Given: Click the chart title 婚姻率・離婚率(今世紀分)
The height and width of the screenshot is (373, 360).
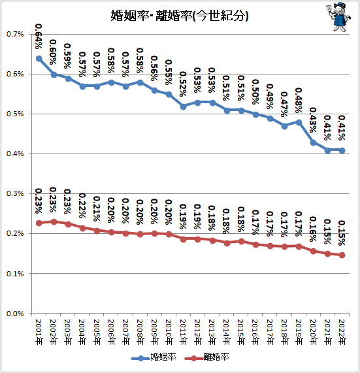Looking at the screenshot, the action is pos(180,16).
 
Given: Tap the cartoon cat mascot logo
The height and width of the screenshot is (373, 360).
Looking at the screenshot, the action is pos(338,16).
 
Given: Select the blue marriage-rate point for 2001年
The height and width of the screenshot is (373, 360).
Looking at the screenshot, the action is pos(39,59).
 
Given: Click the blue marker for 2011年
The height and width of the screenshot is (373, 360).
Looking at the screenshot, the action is pos(183,106).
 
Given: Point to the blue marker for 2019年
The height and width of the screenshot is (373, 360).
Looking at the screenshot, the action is pos(299,123).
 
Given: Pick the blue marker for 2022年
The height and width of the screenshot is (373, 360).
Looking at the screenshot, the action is pos(342,150).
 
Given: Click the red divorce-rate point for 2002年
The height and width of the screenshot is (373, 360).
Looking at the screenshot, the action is pos(54,221).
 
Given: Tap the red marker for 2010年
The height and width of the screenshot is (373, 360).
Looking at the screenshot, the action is pos(169,235).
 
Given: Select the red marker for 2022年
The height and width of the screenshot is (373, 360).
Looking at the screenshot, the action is pos(342,255).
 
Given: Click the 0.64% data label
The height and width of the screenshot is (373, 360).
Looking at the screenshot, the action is pos(39,36).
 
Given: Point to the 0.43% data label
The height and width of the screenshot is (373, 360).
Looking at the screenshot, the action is pos(313,120).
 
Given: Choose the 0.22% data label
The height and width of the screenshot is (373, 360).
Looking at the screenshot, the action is pos(82,206).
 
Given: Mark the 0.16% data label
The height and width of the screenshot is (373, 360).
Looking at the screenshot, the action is pos(313,229).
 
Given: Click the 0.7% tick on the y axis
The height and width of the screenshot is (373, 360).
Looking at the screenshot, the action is pos(15,34).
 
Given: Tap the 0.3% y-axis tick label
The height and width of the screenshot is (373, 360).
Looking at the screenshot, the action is pos(15,193).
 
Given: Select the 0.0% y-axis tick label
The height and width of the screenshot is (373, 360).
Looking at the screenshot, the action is pos(15,314).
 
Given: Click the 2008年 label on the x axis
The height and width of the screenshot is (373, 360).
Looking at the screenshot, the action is pos(140,332).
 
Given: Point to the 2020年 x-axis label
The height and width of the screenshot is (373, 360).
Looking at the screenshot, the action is pos(313,332).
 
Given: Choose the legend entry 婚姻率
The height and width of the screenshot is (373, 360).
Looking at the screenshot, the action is pos(154,357).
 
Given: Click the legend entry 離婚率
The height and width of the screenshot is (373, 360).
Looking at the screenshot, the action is pos(206,357).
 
